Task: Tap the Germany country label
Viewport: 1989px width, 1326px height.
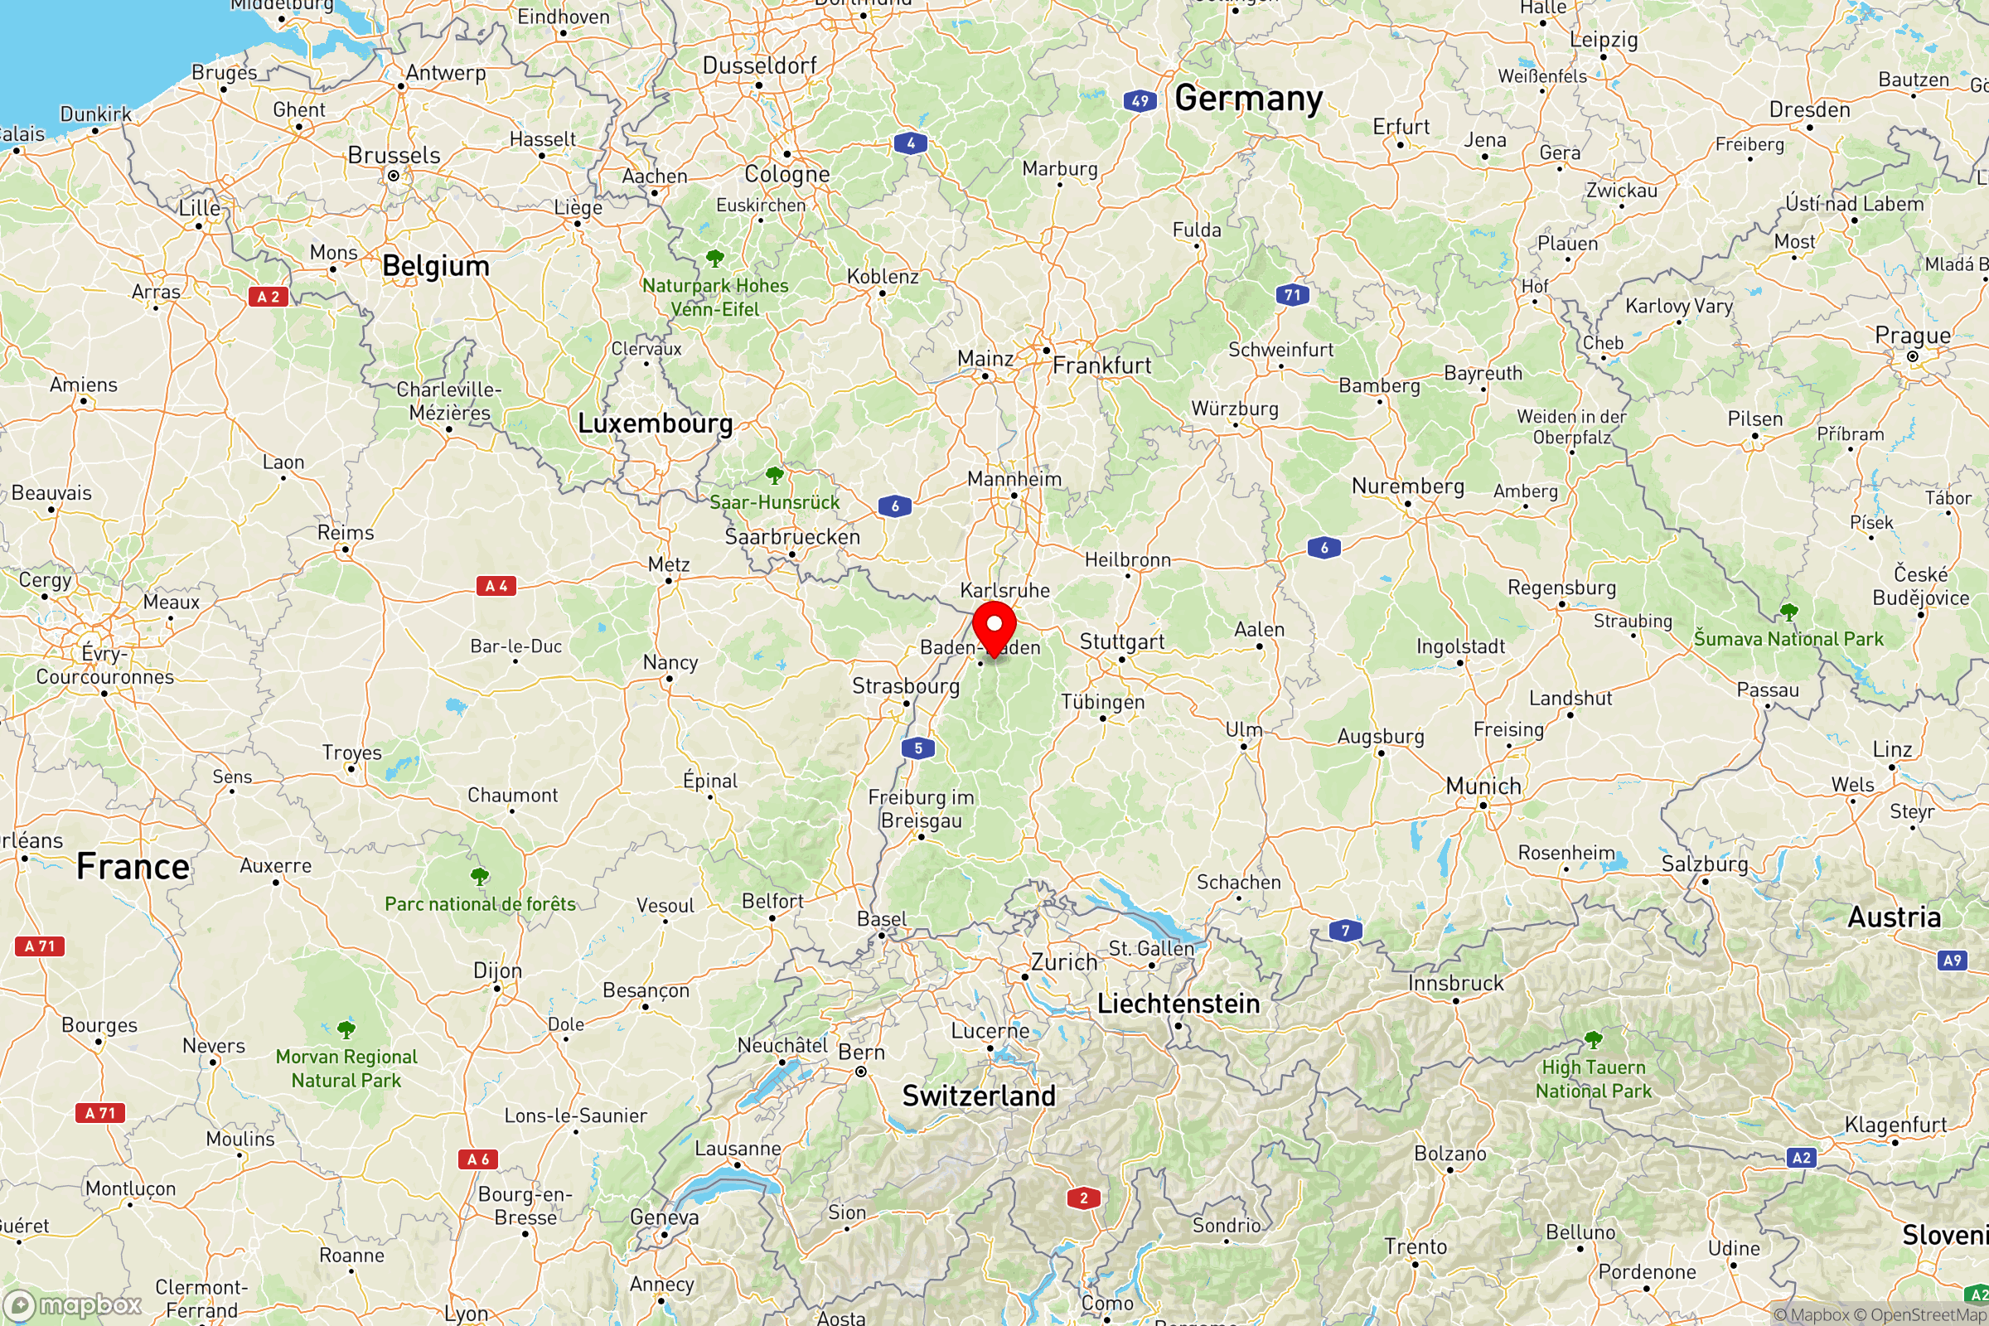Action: tap(1248, 99)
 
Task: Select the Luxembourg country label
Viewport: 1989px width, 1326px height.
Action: tap(655, 423)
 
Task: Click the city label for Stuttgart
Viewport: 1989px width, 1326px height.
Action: tap(1121, 641)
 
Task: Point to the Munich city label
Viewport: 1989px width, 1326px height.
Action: tap(1483, 786)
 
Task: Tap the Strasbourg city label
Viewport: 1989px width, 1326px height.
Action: tap(905, 686)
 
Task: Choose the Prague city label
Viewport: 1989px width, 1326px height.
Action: tap(1912, 336)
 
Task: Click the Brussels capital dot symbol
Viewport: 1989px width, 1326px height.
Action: tap(393, 176)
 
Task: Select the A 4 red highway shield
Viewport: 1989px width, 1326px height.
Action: tap(496, 586)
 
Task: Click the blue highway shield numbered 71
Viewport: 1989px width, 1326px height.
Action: tap(1292, 295)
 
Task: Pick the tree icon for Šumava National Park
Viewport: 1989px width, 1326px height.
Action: tap(1788, 612)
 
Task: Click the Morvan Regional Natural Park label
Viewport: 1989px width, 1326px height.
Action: tap(346, 1068)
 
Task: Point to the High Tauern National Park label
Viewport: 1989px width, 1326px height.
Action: tap(1593, 1079)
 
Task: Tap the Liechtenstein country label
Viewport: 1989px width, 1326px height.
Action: tap(1178, 1004)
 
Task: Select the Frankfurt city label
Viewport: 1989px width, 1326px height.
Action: tap(1101, 365)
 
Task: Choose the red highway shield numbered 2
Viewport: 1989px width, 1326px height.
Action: tap(1083, 1198)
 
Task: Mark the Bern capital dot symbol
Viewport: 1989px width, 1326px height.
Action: tap(861, 1072)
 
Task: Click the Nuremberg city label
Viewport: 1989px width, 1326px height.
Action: tap(1407, 486)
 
